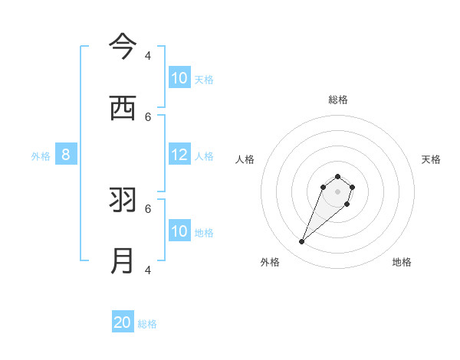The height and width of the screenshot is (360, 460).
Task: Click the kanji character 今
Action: tap(123, 46)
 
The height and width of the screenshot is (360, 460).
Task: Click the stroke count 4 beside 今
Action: tap(148, 55)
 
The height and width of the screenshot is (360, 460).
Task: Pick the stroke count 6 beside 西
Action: tap(148, 116)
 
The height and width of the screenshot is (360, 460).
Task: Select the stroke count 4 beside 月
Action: tap(148, 270)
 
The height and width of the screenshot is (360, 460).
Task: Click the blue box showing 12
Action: tap(179, 155)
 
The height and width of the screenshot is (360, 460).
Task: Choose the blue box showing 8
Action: tap(66, 155)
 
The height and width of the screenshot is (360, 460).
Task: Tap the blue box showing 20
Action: tap(123, 322)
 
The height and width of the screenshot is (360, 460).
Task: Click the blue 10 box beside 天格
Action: tap(179, 78)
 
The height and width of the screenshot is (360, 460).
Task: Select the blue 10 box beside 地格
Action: tap(179, 231)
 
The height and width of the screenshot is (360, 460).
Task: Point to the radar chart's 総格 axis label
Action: tap(337, 100)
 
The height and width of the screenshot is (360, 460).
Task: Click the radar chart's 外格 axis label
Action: tap(270, 262)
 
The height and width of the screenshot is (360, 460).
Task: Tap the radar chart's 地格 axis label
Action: tap(402, 262)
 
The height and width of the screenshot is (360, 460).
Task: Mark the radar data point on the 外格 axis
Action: tap(302, 242)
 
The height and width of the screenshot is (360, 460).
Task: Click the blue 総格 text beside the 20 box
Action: tap(147, 324)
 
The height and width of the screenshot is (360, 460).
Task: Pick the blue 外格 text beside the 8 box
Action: tap(41, 156)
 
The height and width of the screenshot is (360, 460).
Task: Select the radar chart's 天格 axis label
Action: tap(431, 159)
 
